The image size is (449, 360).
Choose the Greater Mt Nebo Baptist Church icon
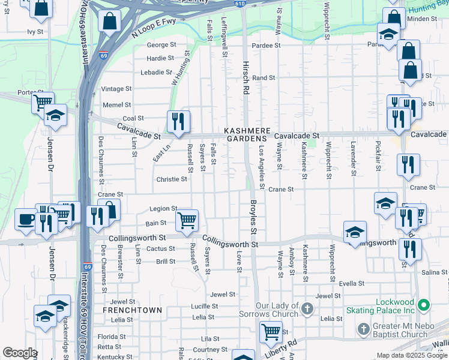[363, 329]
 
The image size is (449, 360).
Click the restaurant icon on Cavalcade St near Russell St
[178, 122]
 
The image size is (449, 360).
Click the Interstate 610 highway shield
[240, 4]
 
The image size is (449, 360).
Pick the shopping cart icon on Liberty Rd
[271, 331]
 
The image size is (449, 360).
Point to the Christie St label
[172, 179]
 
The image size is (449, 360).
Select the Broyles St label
[253, 217]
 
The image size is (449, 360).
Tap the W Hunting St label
[181, 68]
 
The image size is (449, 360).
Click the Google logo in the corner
[19, 353]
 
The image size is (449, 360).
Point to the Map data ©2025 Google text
[412, 355]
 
